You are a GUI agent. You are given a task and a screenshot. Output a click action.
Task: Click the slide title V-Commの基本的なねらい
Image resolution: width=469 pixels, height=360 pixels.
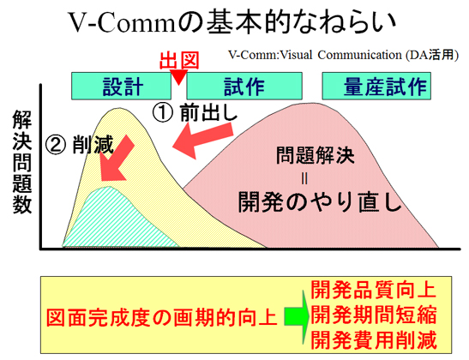232,21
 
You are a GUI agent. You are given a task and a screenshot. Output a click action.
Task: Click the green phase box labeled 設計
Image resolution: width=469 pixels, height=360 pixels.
121,86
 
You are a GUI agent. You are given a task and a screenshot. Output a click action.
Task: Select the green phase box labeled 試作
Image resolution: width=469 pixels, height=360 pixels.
244,86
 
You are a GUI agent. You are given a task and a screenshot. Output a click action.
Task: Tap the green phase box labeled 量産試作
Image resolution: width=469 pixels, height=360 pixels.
376,86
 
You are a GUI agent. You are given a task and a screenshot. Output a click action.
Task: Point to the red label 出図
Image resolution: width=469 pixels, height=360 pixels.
179,61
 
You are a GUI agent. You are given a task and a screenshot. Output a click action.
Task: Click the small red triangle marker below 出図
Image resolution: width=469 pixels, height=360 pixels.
178,77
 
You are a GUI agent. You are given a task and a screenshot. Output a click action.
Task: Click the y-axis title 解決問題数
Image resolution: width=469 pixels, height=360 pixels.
21,162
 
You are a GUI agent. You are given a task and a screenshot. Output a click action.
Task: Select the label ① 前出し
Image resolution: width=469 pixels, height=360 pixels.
195,113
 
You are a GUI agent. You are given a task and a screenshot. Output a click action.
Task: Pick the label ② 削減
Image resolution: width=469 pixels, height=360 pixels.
79,144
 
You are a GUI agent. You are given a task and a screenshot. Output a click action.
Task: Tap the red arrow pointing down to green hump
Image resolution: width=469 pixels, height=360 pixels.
117,160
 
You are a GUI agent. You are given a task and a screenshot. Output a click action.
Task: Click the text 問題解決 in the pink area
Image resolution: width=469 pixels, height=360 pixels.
315,155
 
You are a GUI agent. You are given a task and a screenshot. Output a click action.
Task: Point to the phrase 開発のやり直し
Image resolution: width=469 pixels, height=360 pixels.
319,201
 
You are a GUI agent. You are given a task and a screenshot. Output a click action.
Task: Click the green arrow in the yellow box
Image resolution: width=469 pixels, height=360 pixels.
297,316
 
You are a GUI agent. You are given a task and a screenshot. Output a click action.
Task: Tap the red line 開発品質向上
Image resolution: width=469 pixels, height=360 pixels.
373,290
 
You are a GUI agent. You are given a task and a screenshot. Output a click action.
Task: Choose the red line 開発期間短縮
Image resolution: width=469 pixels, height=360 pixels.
373,315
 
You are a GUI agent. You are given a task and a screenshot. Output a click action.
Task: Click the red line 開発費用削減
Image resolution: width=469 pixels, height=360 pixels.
373,339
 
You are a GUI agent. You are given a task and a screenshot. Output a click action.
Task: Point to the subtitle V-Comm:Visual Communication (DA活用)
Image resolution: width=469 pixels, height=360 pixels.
343,55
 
